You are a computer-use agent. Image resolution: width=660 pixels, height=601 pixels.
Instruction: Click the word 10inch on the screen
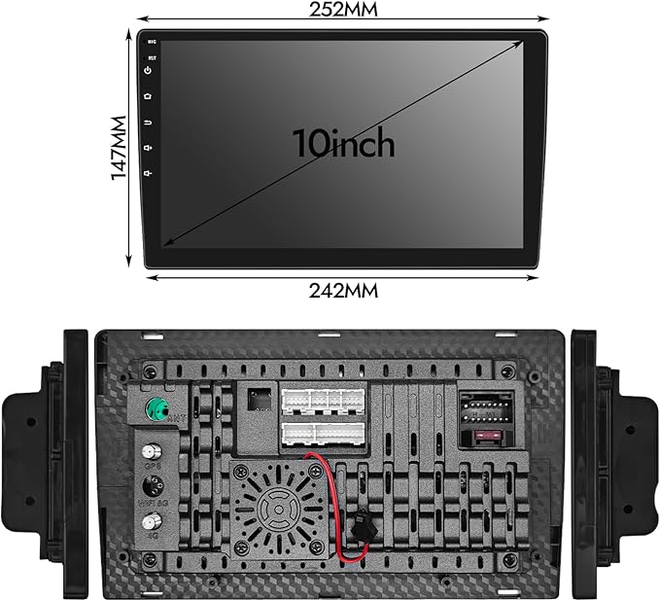tap(344, 144)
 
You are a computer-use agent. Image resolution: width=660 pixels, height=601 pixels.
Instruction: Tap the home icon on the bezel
tap(148, 96)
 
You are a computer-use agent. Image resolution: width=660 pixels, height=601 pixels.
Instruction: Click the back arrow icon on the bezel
tap(148, 123)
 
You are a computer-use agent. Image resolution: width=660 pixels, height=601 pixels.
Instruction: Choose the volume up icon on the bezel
tap(148, 148)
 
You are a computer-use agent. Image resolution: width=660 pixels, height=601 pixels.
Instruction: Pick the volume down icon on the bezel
tap(148, 173)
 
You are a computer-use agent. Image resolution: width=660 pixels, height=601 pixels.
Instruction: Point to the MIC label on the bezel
tap(152, 43)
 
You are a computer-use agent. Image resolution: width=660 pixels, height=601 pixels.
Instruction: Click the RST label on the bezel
tap(152, 56)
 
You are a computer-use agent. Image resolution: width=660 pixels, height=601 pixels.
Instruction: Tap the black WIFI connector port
tap(152, 489)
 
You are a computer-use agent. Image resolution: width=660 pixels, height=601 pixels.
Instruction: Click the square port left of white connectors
tap(260, 399)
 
